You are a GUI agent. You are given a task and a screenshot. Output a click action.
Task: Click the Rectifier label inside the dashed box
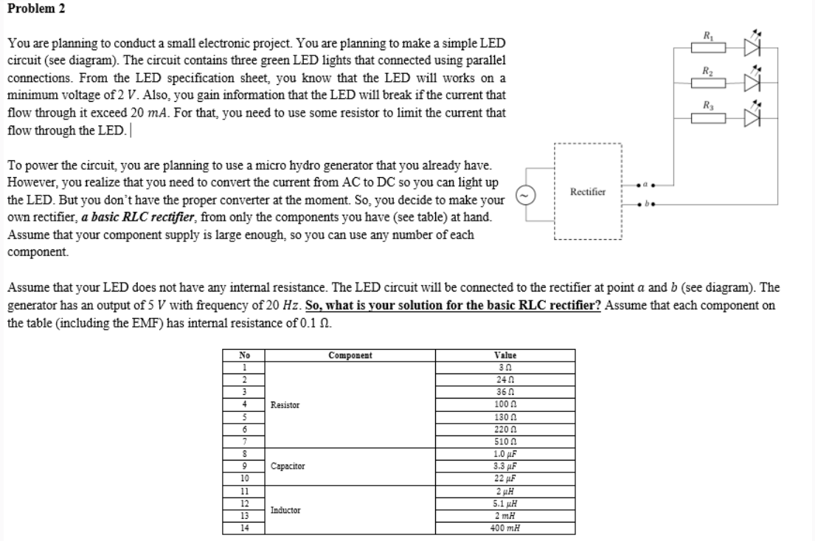[587, 192]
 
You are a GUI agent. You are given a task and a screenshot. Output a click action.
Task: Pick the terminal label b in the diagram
[644, 201]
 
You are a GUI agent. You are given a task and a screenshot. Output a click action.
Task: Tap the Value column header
[506, 355]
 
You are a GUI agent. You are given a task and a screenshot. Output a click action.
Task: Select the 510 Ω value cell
[506, 441]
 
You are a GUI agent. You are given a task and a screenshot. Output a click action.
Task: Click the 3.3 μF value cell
[506, 466]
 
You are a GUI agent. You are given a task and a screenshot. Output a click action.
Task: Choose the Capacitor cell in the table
[288, 466]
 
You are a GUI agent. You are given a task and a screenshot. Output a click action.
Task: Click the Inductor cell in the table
[285, 509]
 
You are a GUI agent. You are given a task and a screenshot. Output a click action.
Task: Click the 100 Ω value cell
[506, 404]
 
